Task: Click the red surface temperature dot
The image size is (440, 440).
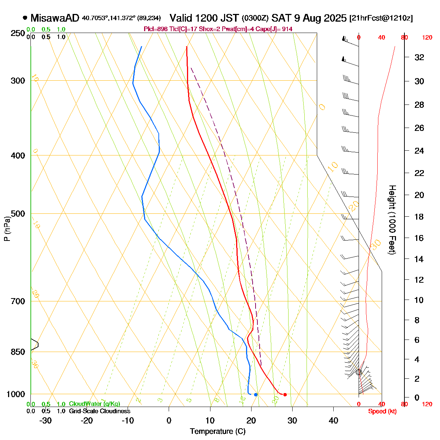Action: click(x=285, y=395)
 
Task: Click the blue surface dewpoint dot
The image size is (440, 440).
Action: click(x=256, y=395)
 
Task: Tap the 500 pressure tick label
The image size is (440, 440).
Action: click(x=18, y=214)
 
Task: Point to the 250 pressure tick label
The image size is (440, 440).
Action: click(x=18, y=33)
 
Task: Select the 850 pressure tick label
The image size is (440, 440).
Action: click(x=18, y=352)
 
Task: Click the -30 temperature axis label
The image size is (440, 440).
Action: click(x=45, y=421)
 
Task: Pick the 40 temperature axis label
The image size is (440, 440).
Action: click(x=333, y=421)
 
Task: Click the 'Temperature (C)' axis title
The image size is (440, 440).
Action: click(x=217, y=432)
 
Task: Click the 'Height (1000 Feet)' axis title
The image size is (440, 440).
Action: click(x=392, y=220)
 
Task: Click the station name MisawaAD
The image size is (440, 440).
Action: click(x=55, y=18)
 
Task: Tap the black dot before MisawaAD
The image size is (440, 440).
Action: click(x=25, y=17)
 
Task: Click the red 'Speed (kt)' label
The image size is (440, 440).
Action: click(x=382, y=411)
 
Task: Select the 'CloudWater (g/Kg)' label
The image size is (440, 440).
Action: click(x=94, y=404)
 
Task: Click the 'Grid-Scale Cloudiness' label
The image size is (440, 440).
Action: click(x=99, y=411)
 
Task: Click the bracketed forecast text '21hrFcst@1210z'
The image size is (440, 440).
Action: click(x=381, y=18)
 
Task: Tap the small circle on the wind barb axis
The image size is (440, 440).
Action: click(x=359, y=372)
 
